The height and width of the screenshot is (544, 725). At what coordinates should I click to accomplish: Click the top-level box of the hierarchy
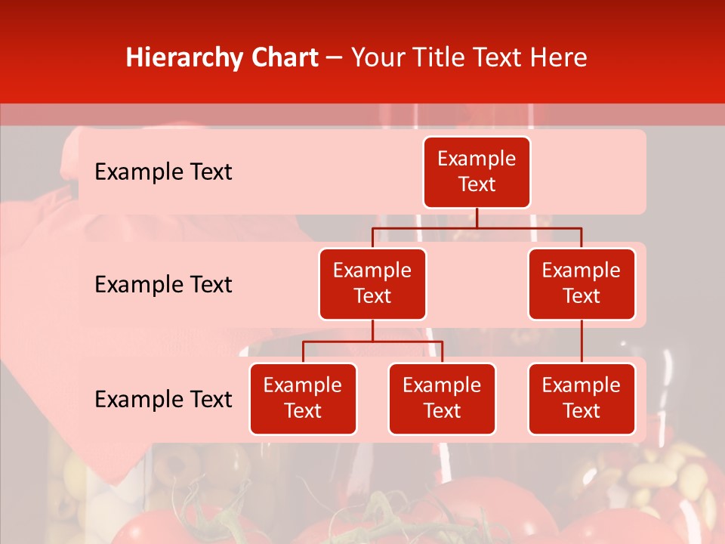(477, 172)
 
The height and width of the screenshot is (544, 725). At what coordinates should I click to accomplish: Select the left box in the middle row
(372, 283)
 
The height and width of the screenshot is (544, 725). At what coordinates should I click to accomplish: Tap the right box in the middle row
(582, 283)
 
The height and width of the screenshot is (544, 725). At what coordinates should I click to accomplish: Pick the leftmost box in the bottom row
(303, 398)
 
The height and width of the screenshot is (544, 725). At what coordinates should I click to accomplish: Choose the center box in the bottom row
(442, 398)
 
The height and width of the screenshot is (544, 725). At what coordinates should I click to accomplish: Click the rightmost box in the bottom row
(582, 398)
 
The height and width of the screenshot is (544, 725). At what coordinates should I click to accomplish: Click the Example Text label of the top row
(163, 172)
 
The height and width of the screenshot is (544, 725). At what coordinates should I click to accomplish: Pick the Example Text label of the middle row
(163, 284)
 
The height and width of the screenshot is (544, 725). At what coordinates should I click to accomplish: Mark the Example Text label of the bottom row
(163, 399)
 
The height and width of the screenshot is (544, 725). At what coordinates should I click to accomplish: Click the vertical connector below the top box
(477, 218)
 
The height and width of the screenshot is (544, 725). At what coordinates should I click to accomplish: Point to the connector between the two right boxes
(582, 342)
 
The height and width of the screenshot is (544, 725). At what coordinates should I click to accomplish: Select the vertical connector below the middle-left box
(372, 331)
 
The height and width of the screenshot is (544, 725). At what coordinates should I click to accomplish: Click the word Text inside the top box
(477, 184)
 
